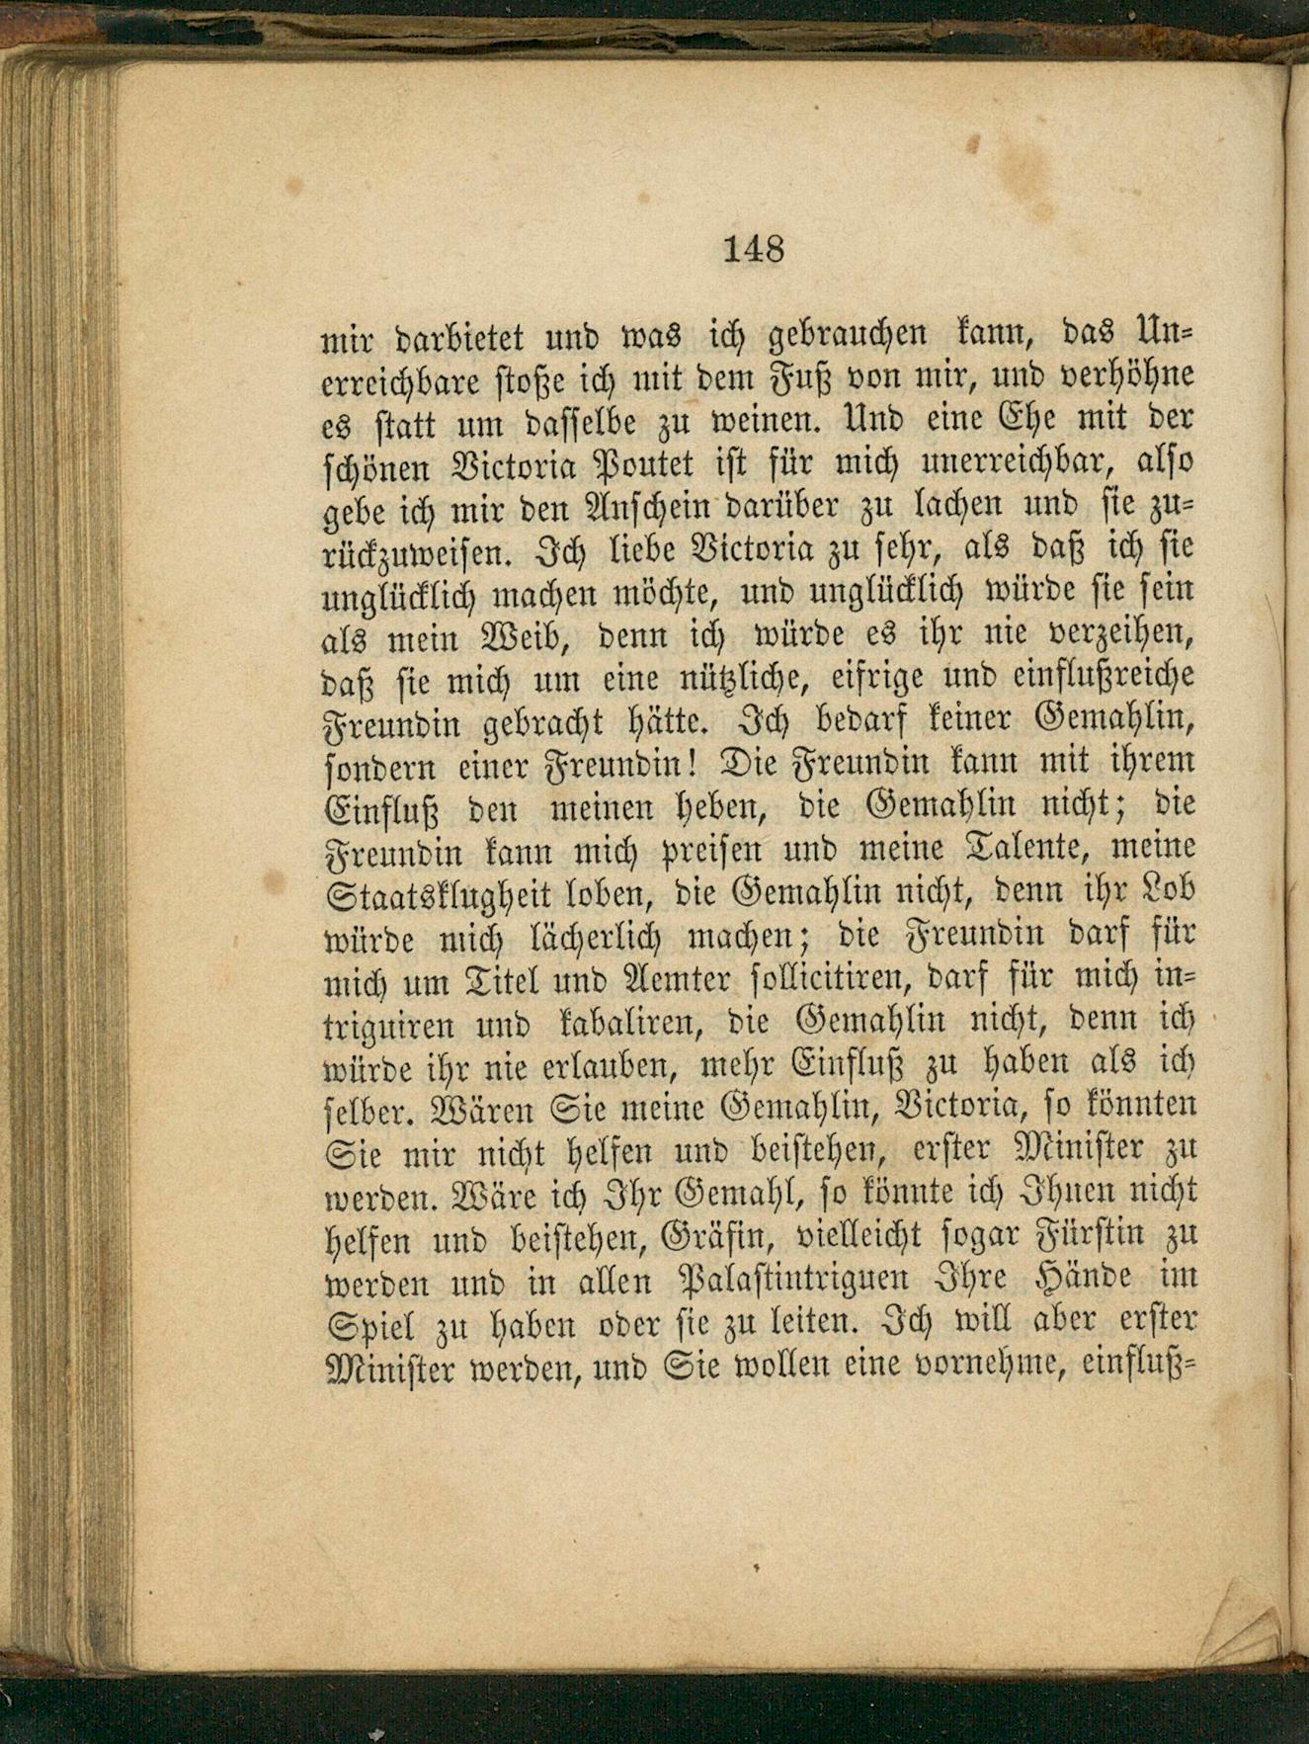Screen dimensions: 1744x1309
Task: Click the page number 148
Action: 754,248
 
